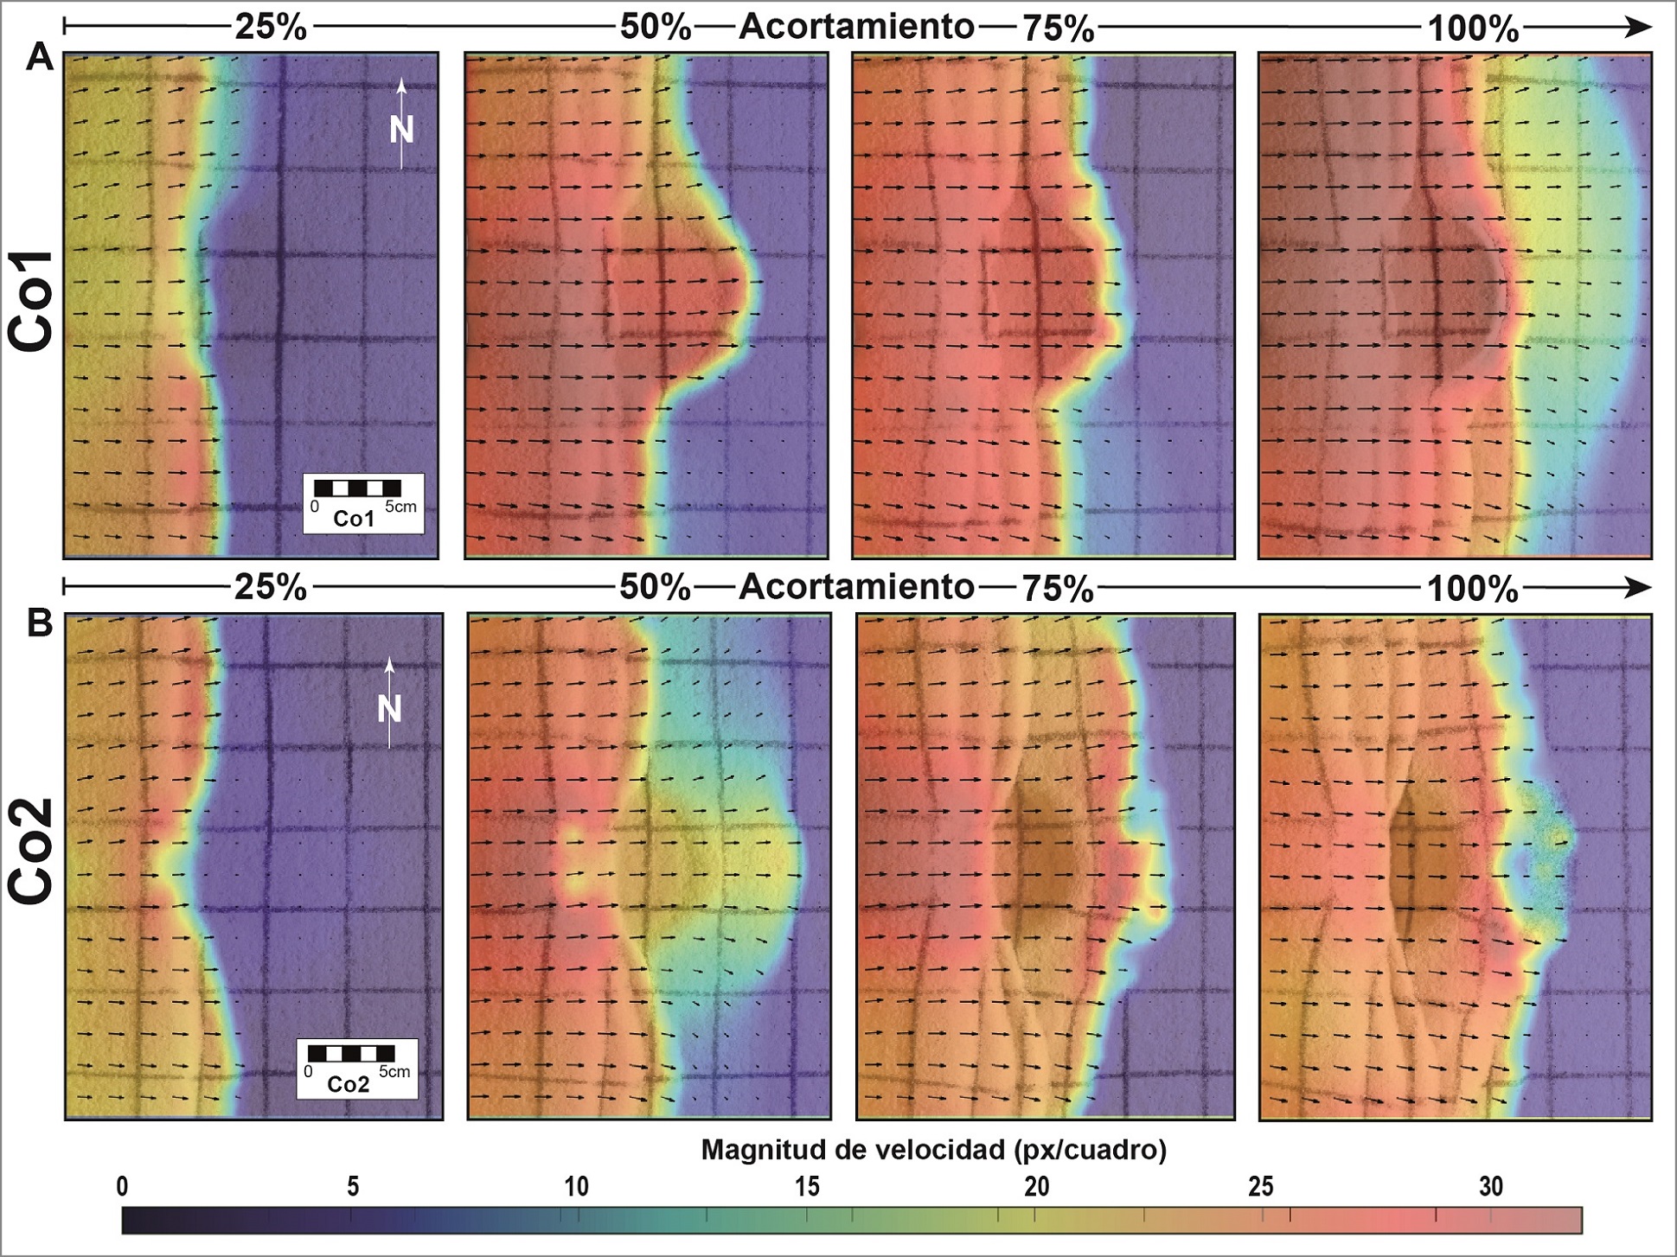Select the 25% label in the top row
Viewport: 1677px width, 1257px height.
[x=270, y=28]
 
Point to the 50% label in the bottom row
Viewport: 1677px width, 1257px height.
[x=656, y=588]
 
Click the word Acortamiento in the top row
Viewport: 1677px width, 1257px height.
[x=856, y=27]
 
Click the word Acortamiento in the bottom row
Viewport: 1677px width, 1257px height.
[x=856, y=588]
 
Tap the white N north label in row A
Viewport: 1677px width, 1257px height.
[x=401, y=130]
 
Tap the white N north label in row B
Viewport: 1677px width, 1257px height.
[x=389, y=710]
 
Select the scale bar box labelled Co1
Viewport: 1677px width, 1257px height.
[x=363, y=503]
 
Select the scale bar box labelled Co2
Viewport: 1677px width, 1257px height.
[x=357, y=1069]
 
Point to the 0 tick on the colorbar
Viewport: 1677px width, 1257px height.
[x=123, y=1186]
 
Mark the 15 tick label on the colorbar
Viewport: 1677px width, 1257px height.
[x=807, y=1186]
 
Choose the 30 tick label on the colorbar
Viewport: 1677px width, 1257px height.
[x=1491, y=1186]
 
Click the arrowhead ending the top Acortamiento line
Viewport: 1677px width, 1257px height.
[x=1639, y=28]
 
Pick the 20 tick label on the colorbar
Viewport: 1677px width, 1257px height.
[x=1036, y=1186]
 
